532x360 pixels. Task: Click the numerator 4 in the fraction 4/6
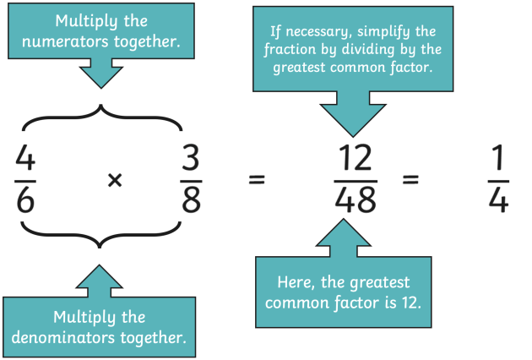point(25,158)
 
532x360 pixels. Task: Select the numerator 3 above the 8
point(192,158)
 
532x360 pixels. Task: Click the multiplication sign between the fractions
point(116,180)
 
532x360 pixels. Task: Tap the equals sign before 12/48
point(257,180)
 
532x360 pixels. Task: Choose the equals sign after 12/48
point(410,180)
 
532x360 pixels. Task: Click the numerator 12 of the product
point(356,158)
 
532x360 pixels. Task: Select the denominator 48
point(356,200)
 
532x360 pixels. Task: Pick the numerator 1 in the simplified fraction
point(499,158)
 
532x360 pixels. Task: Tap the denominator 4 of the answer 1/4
point(499,200)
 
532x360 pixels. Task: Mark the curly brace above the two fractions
point(102,118)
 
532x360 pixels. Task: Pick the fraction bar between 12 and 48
point(356,179)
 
